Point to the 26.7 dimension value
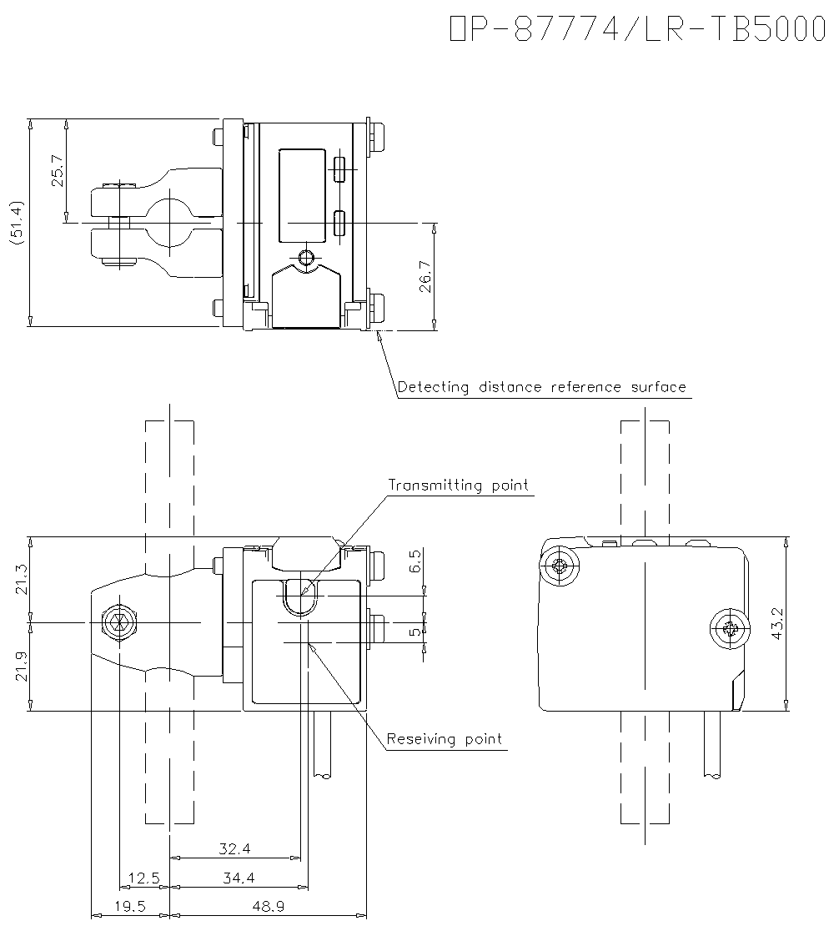(x=425, y=276)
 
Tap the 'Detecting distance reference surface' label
(x=541, y=387)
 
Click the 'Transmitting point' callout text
(x=458, y=486)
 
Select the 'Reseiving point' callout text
(x=445, y=739)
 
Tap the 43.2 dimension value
(x=778, y=623)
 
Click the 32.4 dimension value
(x=235, y=849)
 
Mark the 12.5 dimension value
(x=143, y=878)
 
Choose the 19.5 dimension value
(x=129, y=907)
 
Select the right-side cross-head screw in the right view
(x=728, y=630)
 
